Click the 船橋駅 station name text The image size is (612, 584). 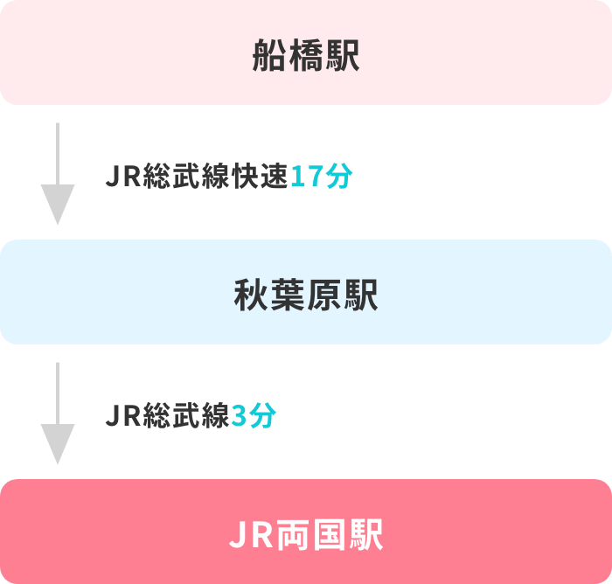click(x=306, y=56)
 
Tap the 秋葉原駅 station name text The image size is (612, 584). click(x=306, y=295)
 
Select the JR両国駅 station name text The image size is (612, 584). click(x=306, y=535)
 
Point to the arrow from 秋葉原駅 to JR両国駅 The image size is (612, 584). click(x=57, y=413)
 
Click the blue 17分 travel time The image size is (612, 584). click(x=321, y=177)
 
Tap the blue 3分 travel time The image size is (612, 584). click(x=254, y=416)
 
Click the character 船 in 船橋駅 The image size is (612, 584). click(x=270, y=56)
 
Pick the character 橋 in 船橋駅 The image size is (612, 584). click(x=306, y=56)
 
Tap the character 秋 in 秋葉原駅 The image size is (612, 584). click(x=252, y=295)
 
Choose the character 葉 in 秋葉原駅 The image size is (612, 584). click(x=288, y=295)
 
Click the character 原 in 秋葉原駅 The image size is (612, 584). click(x=324, y=295)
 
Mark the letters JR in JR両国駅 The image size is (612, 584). click(x=250, y=535)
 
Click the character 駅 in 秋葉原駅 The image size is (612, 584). click(x=360, y=295)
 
